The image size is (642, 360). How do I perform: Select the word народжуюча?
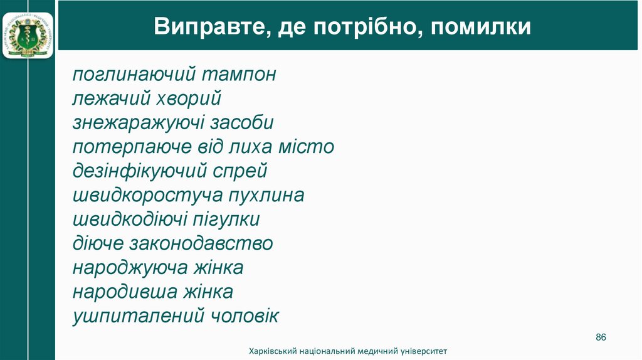[x=130, y=268]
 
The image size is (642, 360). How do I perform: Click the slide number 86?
[x=601, y=337]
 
